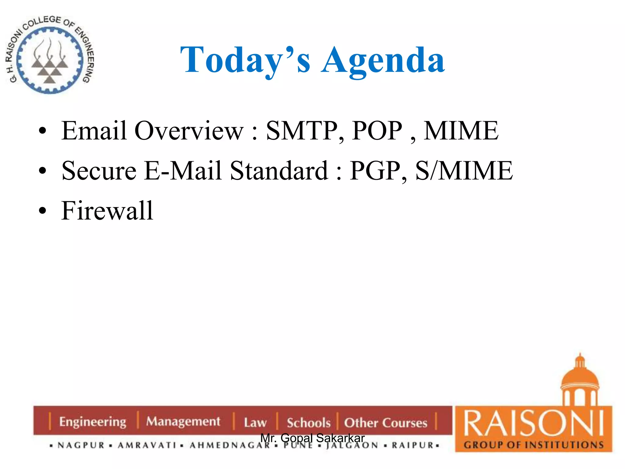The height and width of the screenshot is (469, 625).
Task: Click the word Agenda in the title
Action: click(x=383, y=60)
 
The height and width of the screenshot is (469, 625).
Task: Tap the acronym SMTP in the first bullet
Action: click(x=304, y=131)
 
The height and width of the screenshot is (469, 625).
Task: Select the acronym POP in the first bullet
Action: click(x=377, y=131)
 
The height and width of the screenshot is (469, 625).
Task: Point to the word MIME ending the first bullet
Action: click(x=461, y=131)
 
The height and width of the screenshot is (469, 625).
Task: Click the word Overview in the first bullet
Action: click(x=189, y=131)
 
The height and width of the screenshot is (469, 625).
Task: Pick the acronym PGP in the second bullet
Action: click(x=378, y=171)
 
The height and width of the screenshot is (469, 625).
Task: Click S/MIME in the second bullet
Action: click(x=464, y=171)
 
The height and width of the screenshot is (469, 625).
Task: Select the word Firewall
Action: click(x=107, y=211)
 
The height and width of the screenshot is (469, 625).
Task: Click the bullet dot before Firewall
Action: click(x=42, y=211)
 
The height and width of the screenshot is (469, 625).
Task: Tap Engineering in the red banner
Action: click(x=93, y=422)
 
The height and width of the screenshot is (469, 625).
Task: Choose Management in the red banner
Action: click(x=183, y=421)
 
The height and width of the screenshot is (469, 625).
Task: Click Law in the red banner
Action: click(x=255, y=423)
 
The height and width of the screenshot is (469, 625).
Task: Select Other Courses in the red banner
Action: click(x=386, y=423)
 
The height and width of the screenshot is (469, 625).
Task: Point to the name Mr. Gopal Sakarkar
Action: click(x=312, y=438)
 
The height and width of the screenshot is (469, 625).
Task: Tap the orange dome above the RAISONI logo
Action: click(x=580, y=379)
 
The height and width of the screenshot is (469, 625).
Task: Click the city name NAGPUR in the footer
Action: click(x=81, y=445)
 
